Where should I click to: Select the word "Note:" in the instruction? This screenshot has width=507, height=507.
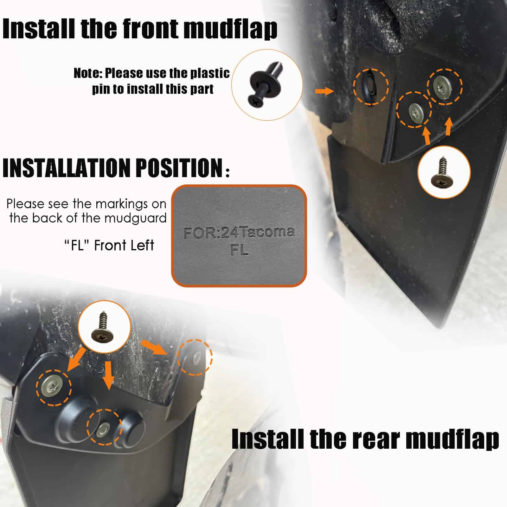[87, 74]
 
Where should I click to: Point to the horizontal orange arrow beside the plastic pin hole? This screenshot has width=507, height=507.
[325, 91]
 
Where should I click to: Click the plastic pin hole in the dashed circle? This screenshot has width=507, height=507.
[369, 86]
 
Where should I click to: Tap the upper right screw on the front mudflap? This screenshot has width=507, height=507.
[445, 85]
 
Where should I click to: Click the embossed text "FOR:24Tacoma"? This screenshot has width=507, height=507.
[239, 233]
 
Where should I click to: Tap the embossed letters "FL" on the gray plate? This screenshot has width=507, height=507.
[240, 250]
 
